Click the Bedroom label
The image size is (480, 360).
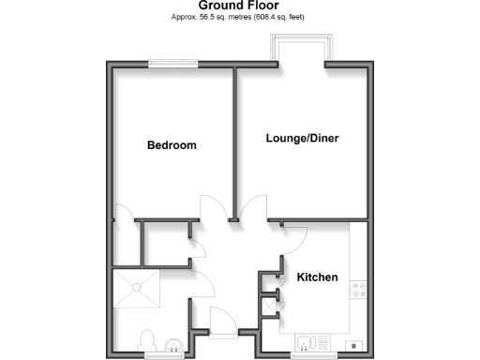tap(172, 145)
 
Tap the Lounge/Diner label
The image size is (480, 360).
tap(302, 139)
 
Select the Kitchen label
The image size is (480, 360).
tap(317, 277)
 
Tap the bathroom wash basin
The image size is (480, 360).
tap(171, 345)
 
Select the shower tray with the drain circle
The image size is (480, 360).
tap(137, 292)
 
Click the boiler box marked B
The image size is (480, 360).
tap(353, 346)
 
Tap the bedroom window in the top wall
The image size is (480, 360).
tap(172, 65)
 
